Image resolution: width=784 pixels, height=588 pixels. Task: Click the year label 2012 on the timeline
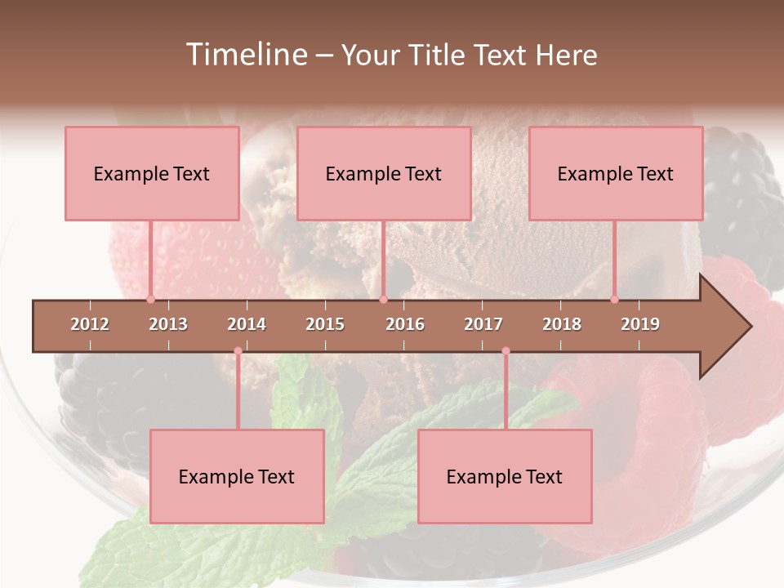(90, 324)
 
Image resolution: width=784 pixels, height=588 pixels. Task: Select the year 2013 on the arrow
(168, 324)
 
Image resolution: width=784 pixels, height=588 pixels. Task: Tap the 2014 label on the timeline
(247, 324)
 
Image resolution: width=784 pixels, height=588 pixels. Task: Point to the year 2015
(325, 324)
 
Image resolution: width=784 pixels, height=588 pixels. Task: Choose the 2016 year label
(405, 324)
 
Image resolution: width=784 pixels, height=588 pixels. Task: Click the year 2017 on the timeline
(483, 324)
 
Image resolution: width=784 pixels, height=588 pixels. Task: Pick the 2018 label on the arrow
(562, 324)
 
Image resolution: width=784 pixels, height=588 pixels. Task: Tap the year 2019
(640, 324)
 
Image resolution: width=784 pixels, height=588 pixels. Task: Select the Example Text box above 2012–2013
(152, 173)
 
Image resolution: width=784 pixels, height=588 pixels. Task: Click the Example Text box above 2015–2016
(384, 173)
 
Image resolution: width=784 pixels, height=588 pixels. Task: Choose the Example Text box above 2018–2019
(616, 173)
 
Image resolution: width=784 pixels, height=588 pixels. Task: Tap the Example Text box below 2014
(237, 476)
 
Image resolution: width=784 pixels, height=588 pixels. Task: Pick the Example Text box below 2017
(505, 476)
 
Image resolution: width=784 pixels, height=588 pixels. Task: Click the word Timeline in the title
(244, 55)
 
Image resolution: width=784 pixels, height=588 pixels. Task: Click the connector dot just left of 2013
(150, 299)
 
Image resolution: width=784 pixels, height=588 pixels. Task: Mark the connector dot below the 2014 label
(238, 351)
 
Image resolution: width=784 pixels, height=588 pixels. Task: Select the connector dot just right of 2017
(506, 351)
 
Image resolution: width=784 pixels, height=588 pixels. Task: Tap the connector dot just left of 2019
(614, 299)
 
